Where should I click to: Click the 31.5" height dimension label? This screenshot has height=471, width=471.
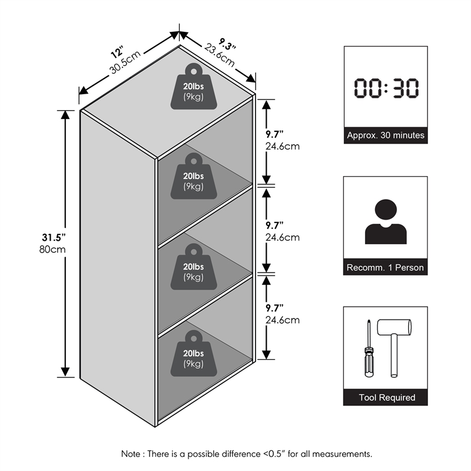[x=54, y=237]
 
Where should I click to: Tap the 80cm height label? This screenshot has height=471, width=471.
[x=52, y=249]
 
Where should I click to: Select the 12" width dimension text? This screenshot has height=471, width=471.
[x=117, y=52]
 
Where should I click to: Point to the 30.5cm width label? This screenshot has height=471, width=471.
[x=125, y=62]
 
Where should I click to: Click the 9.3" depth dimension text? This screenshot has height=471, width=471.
[x=227, y=44]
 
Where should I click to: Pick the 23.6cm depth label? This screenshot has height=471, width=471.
[x=220, y=55]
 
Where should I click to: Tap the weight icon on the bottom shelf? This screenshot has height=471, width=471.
[x=194, y=354]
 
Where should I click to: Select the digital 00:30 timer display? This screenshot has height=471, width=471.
[x=386, y=88]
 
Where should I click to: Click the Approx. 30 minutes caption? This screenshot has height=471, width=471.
[x=386, y=135]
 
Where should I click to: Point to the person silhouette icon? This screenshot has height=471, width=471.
[x=386, y=221]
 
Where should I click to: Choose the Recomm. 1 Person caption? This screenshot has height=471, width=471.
[x=385, y=267]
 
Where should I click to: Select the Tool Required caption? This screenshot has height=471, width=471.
[x=387, y=397]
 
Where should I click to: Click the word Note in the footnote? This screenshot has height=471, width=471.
[x=130, y=453]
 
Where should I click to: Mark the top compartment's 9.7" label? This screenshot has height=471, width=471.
[x=274, y=134]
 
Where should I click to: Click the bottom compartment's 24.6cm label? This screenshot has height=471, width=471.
[x=283, y=320]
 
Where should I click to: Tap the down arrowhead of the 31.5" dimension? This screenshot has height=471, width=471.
[x=65, y=372]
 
